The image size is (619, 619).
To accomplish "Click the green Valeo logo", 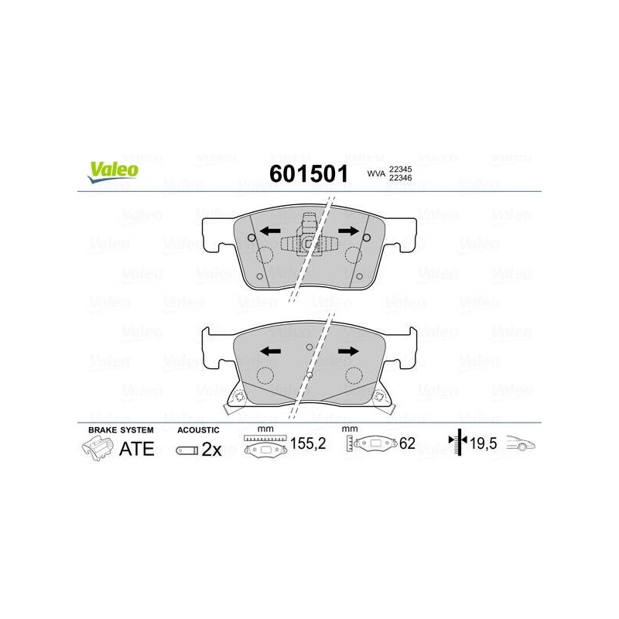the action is tap(113, 172).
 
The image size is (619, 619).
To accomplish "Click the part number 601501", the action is tap(309, 173).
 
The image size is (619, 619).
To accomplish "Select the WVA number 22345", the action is tap(400, 169).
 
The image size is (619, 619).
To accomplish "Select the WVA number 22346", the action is tap(400, 178).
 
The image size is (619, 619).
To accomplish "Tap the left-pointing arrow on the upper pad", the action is tap(270, 231).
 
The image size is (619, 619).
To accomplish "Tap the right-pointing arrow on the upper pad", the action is tap(349, 231).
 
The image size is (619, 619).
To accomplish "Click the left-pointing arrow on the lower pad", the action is tap(270, 351).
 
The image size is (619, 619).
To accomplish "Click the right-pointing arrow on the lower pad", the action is tap(349, 351).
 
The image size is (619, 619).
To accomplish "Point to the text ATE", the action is tap(137, 449).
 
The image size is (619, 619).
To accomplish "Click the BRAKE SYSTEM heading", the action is tap(121, 430).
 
